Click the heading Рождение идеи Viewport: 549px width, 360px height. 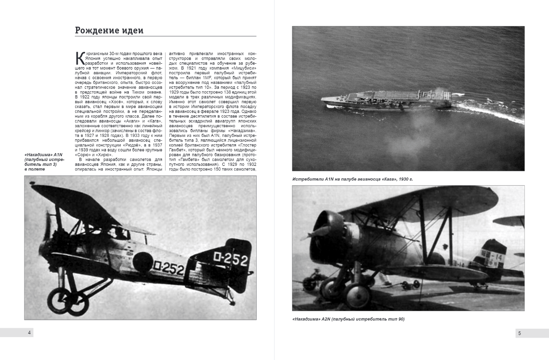click(x=109, y=31)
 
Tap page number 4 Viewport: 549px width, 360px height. click(x=29, y=333)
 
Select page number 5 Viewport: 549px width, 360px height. click(x=519, y=333)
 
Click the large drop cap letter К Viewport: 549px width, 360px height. click(x=80, y=59)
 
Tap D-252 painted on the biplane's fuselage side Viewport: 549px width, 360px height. click(x=168, y=268)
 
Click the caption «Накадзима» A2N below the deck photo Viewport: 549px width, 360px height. click(x=348, y=319)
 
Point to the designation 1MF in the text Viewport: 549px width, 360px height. click(x=208, y=78)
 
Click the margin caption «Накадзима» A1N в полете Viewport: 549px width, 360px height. click(x=44, y=162)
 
